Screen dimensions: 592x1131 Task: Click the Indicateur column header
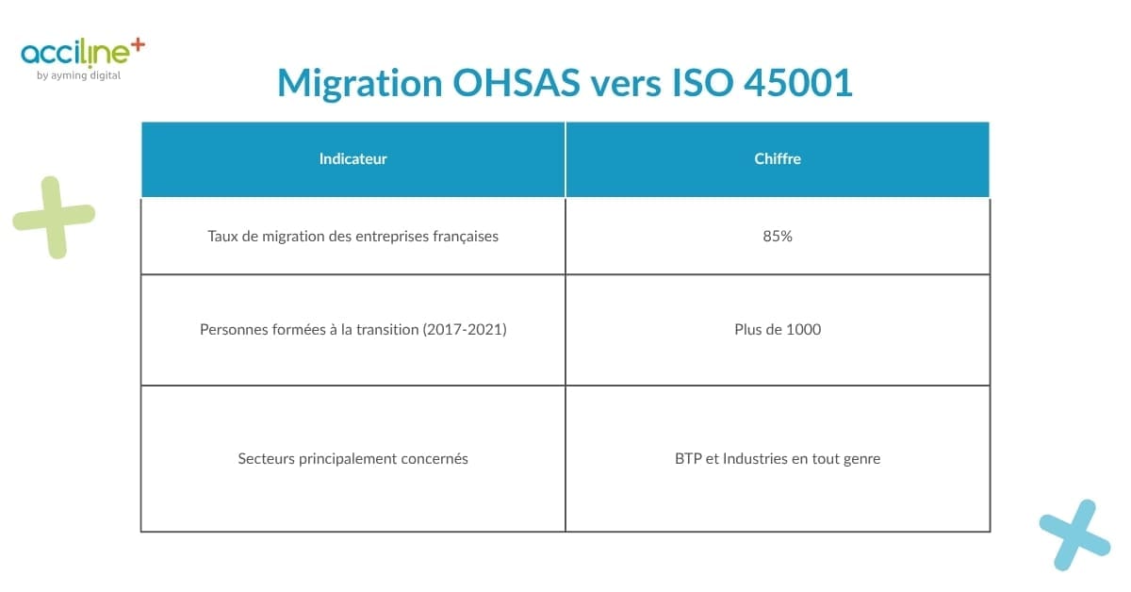coord(352,159)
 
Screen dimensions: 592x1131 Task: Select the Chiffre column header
coord(778,159)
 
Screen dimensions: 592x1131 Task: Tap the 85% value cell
coord(778,237)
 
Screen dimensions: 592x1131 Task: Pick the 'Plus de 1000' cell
coord(778,330)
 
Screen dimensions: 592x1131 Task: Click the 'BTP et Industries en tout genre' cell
coord(778,459)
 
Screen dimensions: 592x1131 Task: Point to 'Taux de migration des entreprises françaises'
coord(352,237)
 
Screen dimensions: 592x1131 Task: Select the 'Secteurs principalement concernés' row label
coord(352,459)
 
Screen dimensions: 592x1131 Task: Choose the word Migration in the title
coord(359,84)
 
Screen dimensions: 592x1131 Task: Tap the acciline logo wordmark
coord(75,54)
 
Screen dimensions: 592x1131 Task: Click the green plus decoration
coord(54,217)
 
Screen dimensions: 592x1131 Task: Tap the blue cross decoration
coord(1074,534)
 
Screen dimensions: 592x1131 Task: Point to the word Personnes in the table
coord(233,330)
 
